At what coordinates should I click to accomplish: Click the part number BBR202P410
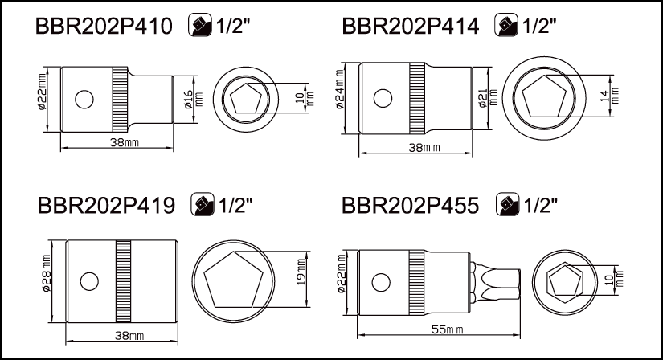coord(104,26)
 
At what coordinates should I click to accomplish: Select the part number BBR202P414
coord(410,26)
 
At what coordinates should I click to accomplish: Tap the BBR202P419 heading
coord(106,206)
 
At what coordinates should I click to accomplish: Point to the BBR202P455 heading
coord(410,206)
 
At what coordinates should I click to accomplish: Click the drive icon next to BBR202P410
coord(199,25)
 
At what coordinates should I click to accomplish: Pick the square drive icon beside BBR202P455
coord(507,204)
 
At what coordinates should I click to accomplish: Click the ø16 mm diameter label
coord(193,100)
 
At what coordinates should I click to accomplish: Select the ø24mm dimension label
coord(340,89)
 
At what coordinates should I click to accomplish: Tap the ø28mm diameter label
coord(46,273)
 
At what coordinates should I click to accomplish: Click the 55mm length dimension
coord(447,329)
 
